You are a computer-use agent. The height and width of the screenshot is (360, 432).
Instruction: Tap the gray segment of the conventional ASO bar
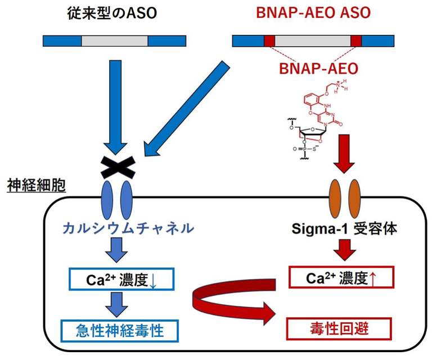pos(115,40)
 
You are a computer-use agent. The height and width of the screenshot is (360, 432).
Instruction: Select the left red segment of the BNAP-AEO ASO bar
pos(269,40)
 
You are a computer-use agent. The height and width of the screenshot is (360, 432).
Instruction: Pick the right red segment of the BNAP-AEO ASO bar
pos(356,40)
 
